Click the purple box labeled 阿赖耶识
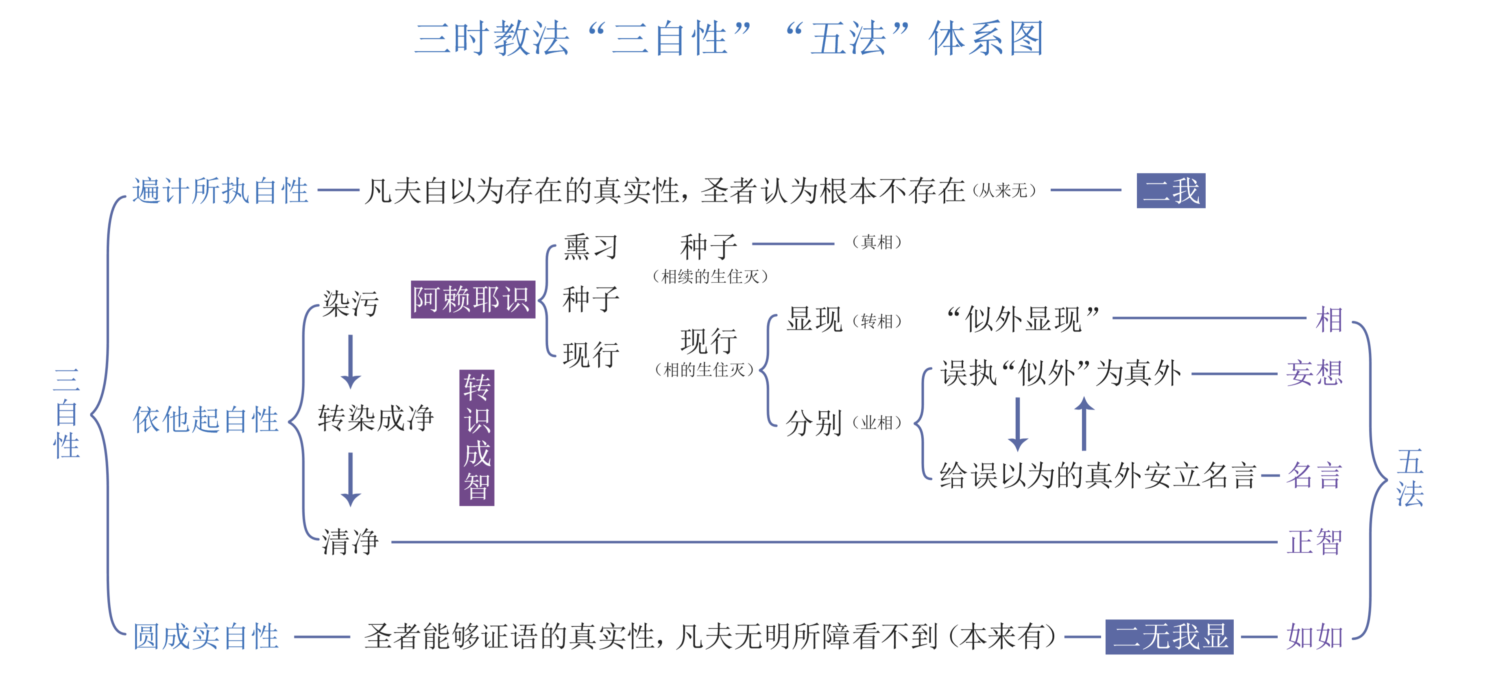coord(473,300)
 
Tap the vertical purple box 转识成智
coord(477,437)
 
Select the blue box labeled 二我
coord(1171,190)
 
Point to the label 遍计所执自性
coord(220,190)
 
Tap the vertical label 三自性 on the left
coord(67,413)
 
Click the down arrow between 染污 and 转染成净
coord(350,361)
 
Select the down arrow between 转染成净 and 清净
coord(350,480)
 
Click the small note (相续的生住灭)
coord(710,276)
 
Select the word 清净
coord(350,542)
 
